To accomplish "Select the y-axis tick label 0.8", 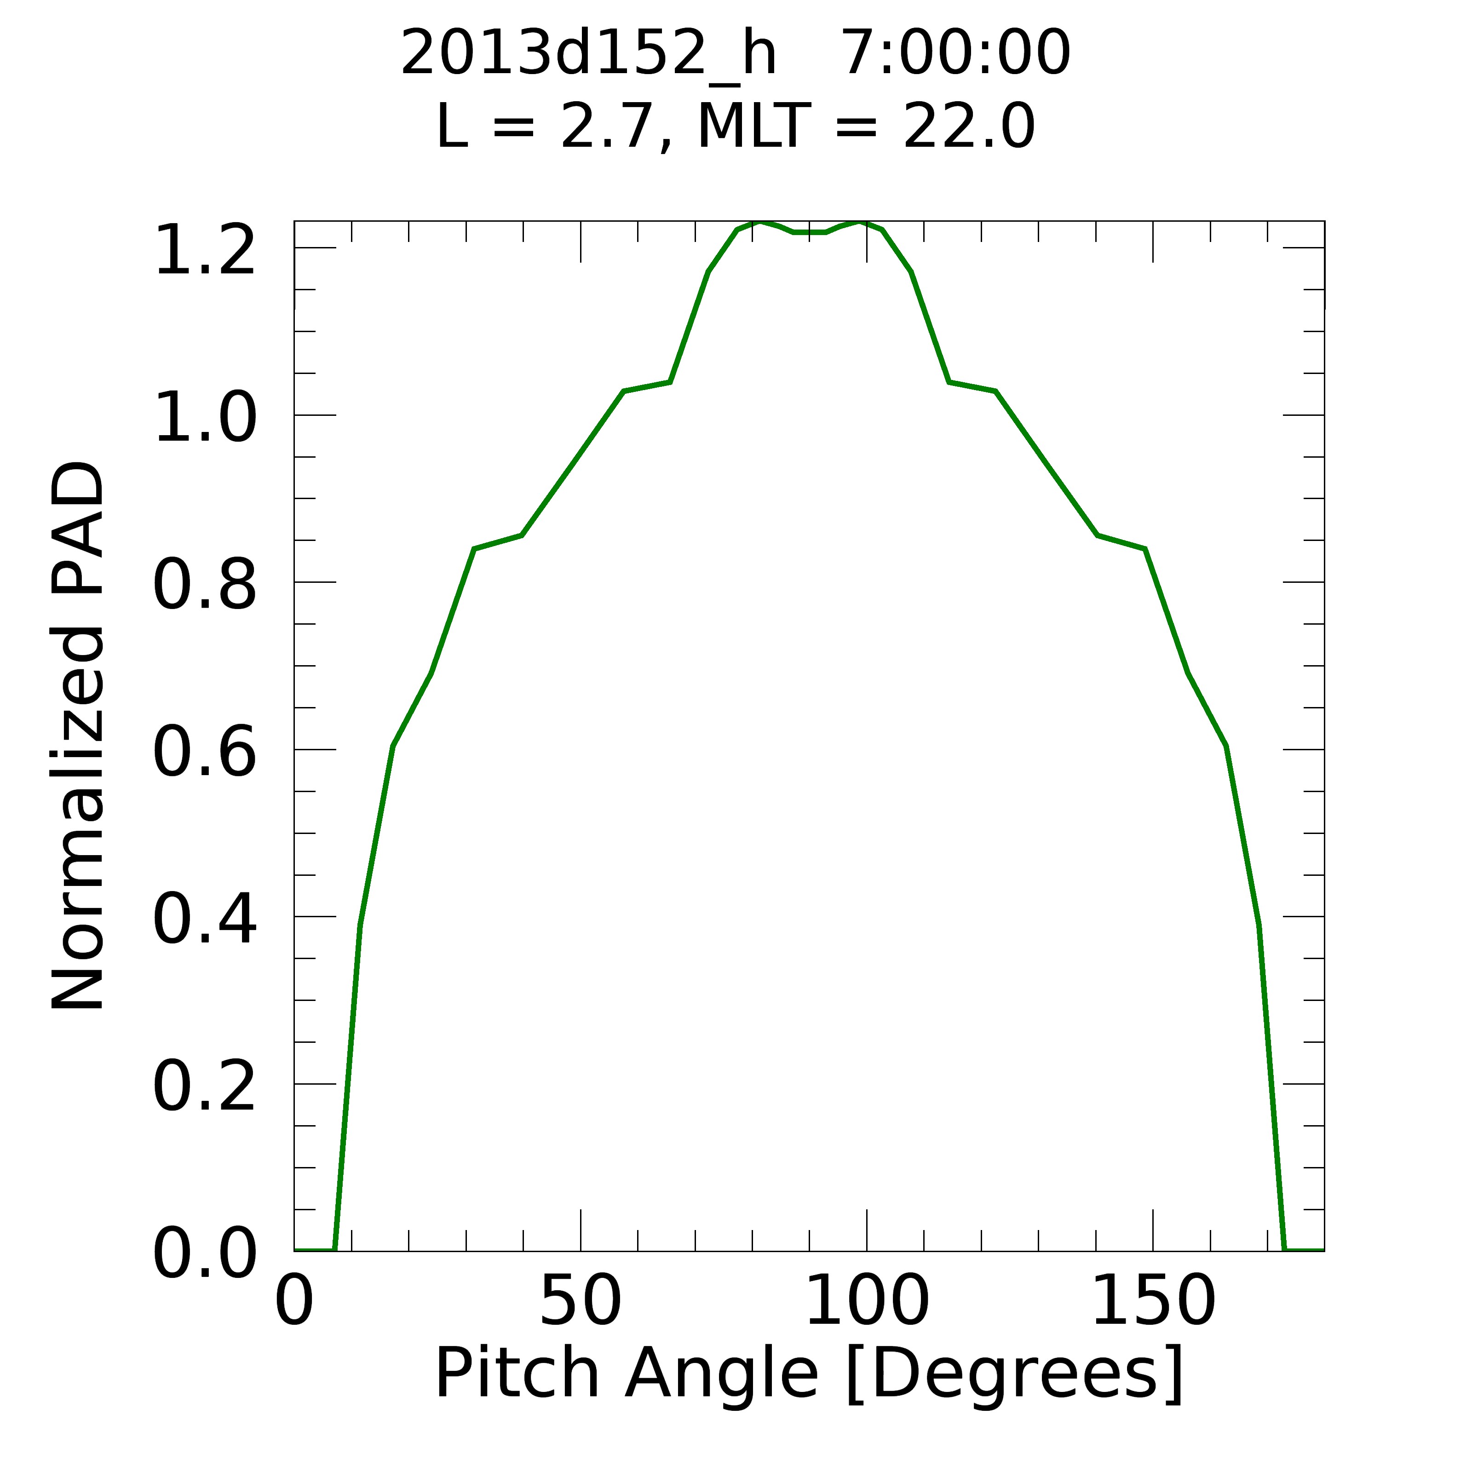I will click(204, 586).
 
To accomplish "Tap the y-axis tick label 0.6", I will click(204, 753).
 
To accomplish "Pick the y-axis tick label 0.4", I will click(204, 921).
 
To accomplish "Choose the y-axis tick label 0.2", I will click(204, 1089).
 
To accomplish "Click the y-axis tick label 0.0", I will click(204, 1256).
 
